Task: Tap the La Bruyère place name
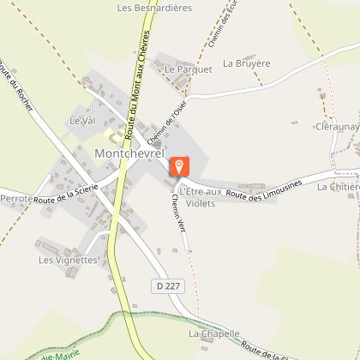[246, 63]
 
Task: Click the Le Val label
[80, 121]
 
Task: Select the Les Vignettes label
[69, 258]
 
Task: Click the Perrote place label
[17, 198]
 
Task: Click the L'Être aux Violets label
[201, 196]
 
